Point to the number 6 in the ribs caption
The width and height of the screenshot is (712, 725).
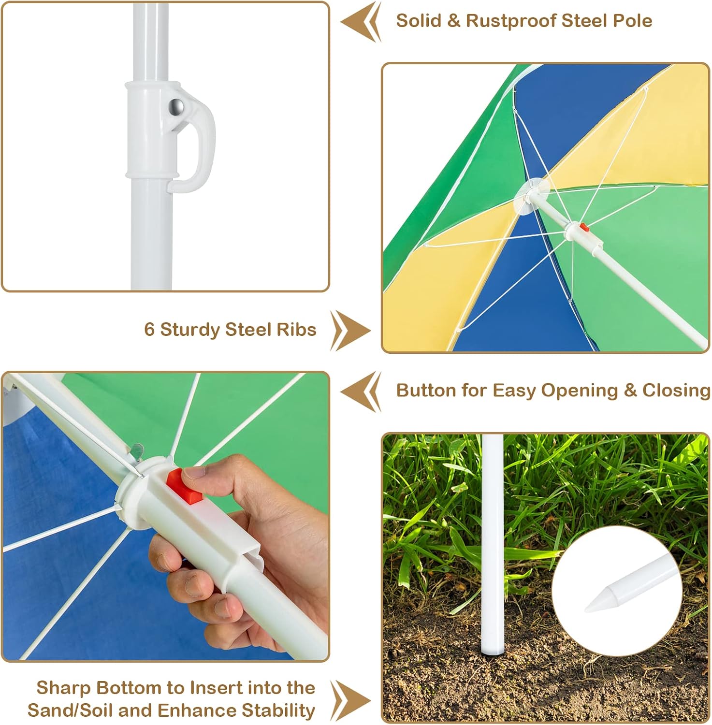pyautogui.click(x=149, y=330)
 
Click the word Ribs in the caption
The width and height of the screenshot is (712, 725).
pyautogui.click(x=297, y=330)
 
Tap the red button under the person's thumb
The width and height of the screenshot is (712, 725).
pyautogui.click(x=185, y=487)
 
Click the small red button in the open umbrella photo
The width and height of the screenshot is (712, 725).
pyautogui.click(x=584, y=227)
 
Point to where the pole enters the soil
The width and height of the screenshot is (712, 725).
pyautogui.click(x=493, y=653)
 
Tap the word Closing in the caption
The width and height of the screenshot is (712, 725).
pyautogui.click(x=677, y=391)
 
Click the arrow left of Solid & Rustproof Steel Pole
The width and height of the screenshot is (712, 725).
pyautogui.click(x=361, y=22)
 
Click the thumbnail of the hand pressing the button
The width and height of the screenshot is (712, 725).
pyautogui.click(x=165, y=516)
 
